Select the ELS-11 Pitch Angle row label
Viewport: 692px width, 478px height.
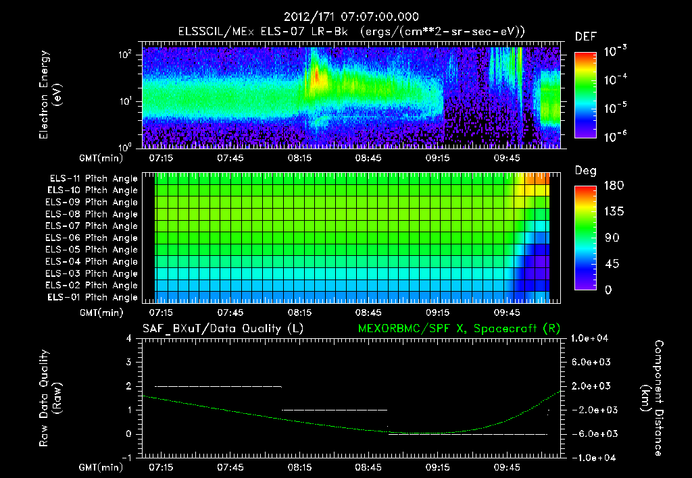[93, 179]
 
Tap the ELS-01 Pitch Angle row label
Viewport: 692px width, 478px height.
[93, 297]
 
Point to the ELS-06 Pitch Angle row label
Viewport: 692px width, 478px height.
[93, 238]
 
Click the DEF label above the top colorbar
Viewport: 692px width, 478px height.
[585, 37]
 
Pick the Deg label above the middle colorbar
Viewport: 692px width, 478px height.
[585, 171]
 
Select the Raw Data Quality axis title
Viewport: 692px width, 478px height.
[50, 398]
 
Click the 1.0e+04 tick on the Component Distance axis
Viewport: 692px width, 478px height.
[592, 338]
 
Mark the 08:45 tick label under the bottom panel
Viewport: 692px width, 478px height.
[369, 467]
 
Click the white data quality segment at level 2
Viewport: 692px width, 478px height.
[218, 386]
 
